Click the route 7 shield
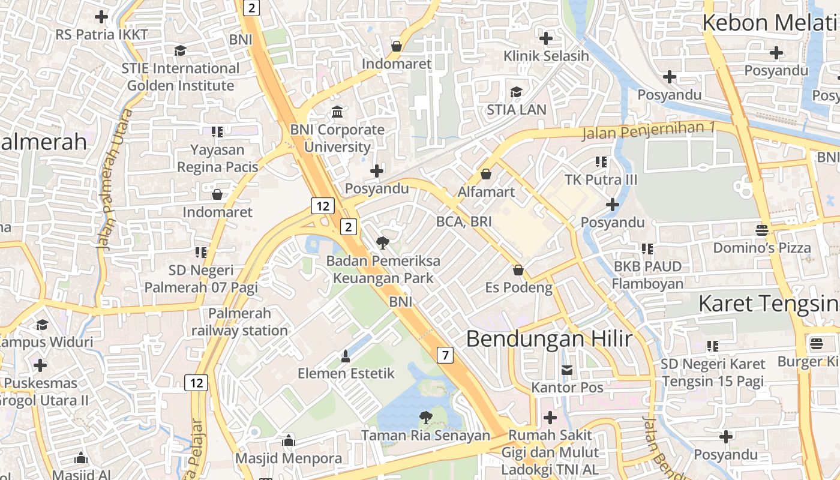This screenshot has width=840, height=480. point(445,355)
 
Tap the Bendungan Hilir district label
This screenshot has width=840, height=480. point(549,339)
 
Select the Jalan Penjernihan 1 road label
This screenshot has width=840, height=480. point(649,130)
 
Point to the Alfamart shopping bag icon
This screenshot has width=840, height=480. point(485,174)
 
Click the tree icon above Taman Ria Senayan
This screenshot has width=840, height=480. point(425,416)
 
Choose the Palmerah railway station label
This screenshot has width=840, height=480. point(240,322)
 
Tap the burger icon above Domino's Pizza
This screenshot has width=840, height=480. point(761,230)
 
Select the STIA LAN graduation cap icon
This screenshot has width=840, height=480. point(516,92)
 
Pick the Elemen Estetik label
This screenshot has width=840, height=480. point(346,373)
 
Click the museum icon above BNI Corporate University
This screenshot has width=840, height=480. point(337,112)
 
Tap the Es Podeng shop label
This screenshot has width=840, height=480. point(518,288)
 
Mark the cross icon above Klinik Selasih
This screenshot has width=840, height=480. point(545,38)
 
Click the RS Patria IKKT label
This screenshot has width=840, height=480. point(101,34)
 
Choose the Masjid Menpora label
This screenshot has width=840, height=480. point(289,458)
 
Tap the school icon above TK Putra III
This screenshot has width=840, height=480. point(601,162)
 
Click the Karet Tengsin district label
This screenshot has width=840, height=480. point(769,304)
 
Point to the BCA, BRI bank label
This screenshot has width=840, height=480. point(464,221)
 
